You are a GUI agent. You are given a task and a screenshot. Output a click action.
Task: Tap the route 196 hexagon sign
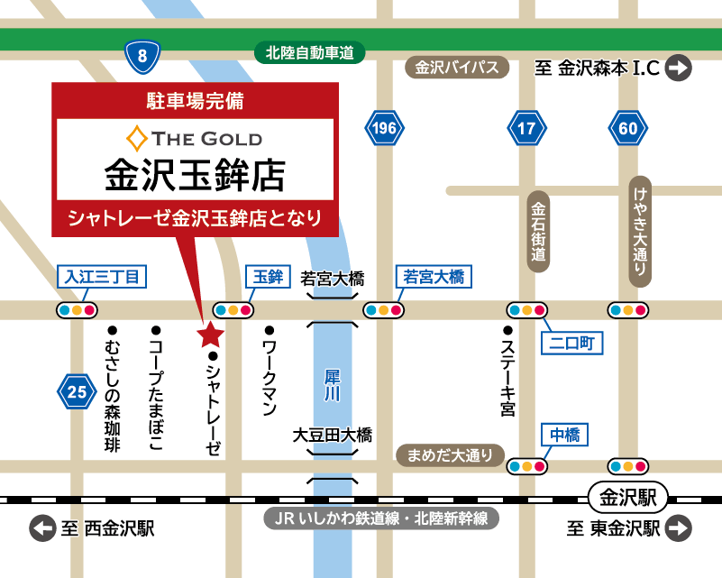pos(384,129)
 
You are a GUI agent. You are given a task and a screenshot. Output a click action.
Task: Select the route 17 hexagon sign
pos(526,129)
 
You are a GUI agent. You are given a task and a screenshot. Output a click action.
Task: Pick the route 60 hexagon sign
pos(628,129)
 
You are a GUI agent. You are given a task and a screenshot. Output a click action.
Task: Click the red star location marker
pos(210,335)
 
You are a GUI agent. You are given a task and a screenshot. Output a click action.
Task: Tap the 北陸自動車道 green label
pos(309,53)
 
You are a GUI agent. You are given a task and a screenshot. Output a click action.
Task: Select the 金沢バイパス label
pos(457,68)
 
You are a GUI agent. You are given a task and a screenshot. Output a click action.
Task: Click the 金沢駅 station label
pos(626,497)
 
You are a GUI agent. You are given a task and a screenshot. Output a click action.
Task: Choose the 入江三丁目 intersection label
pos(100,277)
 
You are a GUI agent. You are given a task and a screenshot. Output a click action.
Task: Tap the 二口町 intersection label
pos(571,343)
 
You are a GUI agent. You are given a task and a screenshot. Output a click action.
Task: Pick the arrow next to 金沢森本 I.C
pos(680,68)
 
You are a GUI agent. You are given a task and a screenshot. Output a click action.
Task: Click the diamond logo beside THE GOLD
pos(137,139)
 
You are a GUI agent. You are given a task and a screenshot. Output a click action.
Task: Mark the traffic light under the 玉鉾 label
pos(233,310)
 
